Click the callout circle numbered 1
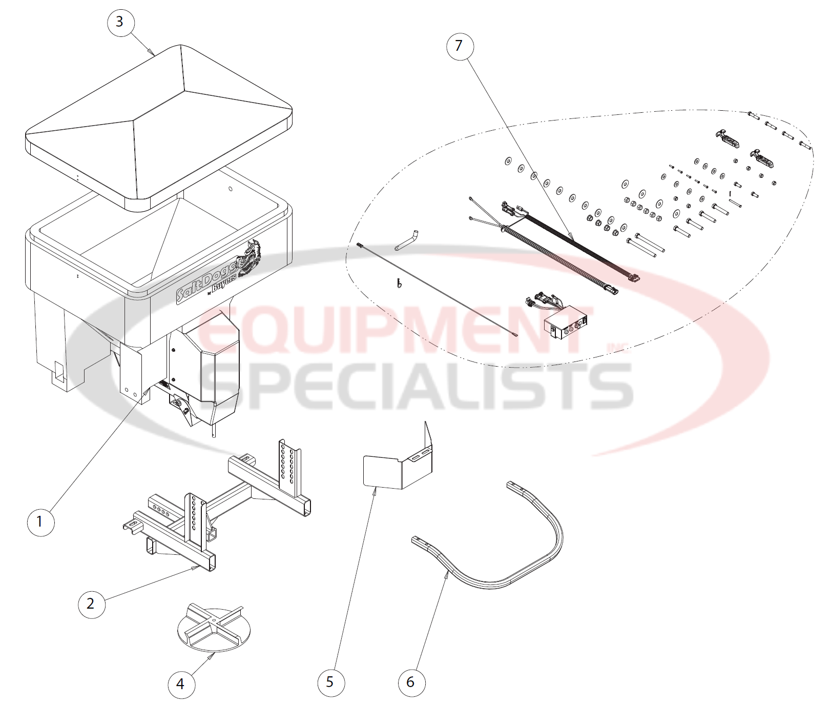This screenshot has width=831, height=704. [x=40, y=522]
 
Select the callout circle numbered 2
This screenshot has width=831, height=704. [x=91, y=604]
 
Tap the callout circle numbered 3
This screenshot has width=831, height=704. [x=120, y=22]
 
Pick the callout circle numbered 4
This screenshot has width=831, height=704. [x=181, y=683]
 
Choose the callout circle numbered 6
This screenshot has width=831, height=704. [x=411, y=682]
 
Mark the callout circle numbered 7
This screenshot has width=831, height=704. [x=459, y=46]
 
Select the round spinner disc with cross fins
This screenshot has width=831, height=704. [x=214, y=630]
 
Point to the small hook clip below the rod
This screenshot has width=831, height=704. [x=399, y=283]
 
